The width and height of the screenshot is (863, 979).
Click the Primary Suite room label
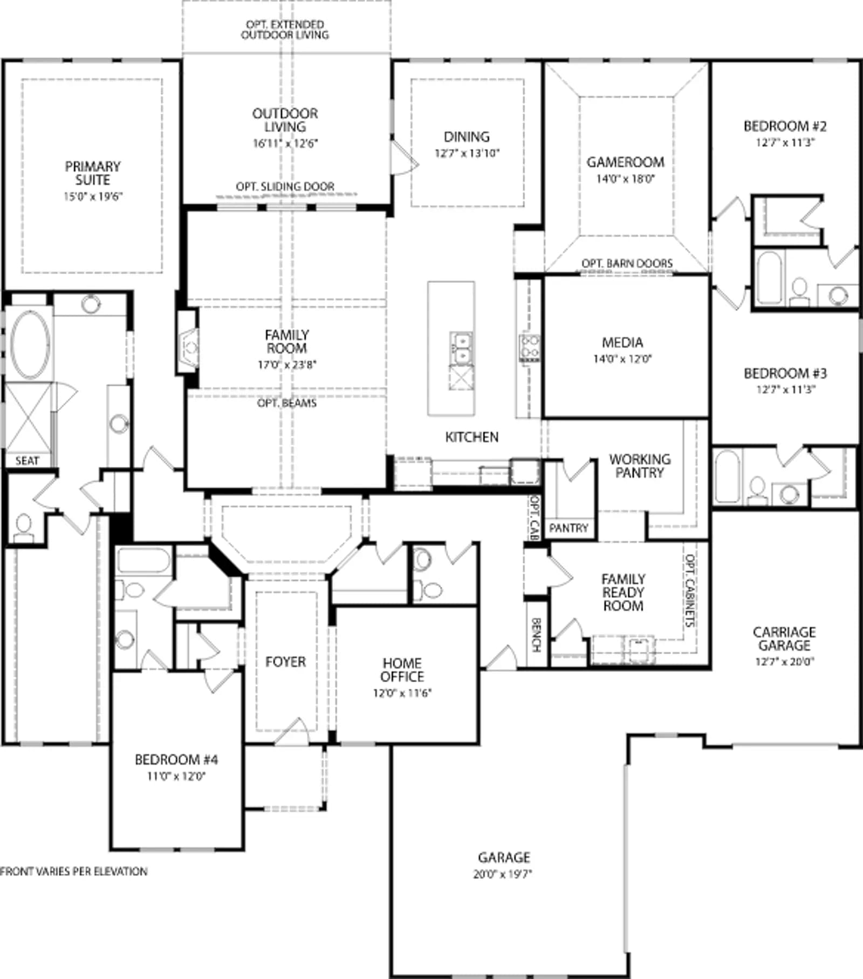[x=93, y=173]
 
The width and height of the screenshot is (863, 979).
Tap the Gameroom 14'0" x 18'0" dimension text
[x=625, y=179]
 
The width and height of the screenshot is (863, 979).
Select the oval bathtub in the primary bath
[x=30, y=344]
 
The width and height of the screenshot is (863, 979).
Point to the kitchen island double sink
[x=461, y=348]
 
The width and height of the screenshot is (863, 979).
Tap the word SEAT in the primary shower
[x=27, y=461]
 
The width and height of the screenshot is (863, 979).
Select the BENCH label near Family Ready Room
[x=536, y=635]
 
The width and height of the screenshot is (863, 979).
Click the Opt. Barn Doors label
[x=627, y=263]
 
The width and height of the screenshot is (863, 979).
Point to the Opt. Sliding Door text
[x=285, y=187]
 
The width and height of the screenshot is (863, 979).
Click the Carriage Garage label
[x=784, y=638]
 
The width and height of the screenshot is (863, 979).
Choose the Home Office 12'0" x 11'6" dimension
[x=402, y=693]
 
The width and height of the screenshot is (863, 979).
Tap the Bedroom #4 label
[x=176, y=760]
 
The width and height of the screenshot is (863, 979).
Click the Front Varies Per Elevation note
[x=74, y=872]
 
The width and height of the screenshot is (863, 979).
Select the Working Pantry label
[x=640, y=466]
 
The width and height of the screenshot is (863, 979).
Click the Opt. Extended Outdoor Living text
[x=285, y=30]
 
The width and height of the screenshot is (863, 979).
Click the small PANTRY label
[x=569, y=528]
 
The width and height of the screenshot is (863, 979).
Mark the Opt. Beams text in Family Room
[x=287, y=403]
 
